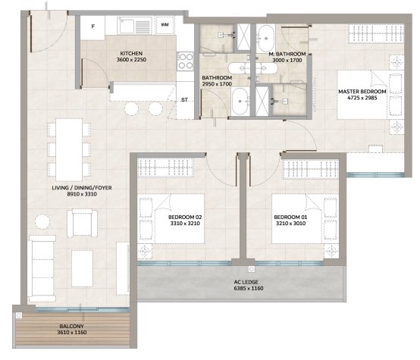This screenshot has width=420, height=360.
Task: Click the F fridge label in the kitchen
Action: coord(93,27)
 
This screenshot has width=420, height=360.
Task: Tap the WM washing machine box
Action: coord(165,25)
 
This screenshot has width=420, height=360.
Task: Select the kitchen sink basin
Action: coord(127,27)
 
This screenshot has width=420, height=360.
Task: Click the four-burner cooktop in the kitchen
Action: coord(185,61)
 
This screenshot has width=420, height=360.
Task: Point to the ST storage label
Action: coord(184,100)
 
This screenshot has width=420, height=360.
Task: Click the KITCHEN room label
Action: coord(131,53)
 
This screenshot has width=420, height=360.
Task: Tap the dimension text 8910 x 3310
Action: coord(82,194)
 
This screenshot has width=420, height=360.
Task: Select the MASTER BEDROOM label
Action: coord(362,92)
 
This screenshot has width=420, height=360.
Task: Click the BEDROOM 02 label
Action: coord(185,218)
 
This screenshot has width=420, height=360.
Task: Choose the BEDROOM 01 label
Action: coord(290,218)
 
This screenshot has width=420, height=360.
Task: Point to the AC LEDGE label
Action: coord(246,282)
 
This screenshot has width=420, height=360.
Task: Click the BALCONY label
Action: coord(71,326)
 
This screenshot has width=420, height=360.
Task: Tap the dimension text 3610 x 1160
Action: coord(72,333)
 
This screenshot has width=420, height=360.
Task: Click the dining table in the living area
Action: coord(69,150)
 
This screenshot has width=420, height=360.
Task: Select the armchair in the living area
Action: coord(82,223)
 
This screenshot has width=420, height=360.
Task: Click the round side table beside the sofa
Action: coord(42,221)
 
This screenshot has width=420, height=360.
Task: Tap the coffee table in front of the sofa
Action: coord(82,268)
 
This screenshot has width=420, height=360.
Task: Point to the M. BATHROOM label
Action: coord(287,54)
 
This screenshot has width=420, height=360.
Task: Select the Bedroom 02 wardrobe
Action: coord(165,167)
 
